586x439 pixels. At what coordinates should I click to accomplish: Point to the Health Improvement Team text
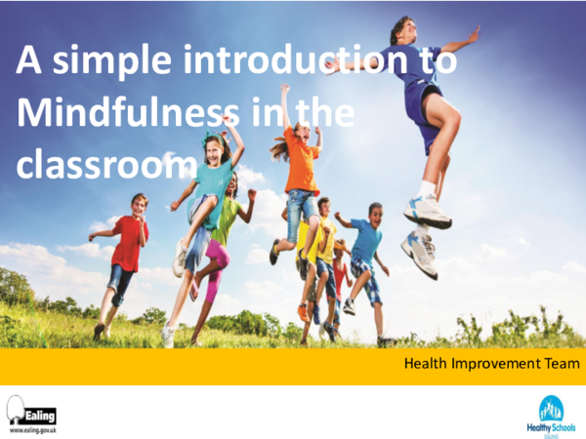click(x=492, y=364)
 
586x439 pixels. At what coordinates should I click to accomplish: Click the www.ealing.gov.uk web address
click(x=32, y=429)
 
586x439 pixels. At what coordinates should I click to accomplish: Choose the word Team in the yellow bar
click(x=560, y=364)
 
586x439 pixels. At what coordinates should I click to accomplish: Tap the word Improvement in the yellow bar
click(x=493, y=364)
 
